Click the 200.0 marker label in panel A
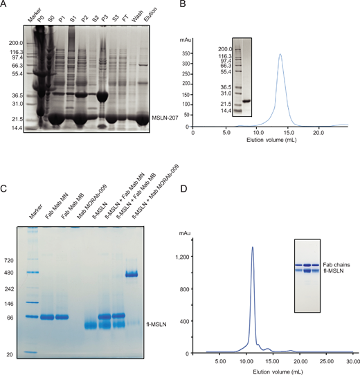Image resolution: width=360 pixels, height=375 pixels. (15, 43)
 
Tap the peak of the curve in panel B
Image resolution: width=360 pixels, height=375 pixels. (280, 54)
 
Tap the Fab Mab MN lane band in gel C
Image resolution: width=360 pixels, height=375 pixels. (48, 318)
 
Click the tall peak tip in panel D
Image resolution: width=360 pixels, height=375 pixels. (253, 248)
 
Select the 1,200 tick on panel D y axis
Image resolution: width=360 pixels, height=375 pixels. (206, 256)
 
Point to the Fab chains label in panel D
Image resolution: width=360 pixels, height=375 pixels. (336, 262)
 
